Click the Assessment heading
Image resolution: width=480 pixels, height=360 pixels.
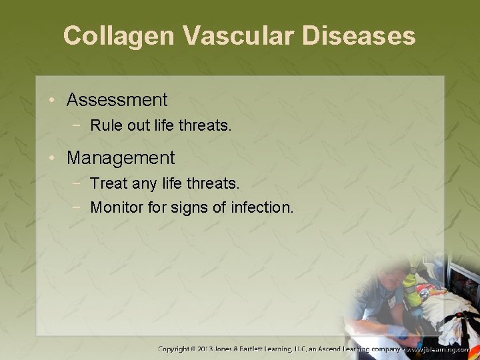(117, 101)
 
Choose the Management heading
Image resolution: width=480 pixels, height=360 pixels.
(121, 158)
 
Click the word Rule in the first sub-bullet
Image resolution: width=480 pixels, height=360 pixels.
(103, 125)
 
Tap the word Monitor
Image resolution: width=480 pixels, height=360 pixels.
(114, 207)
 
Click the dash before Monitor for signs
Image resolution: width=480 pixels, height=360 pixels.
(79, 207)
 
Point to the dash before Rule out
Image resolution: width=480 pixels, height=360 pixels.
(79, 125)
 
